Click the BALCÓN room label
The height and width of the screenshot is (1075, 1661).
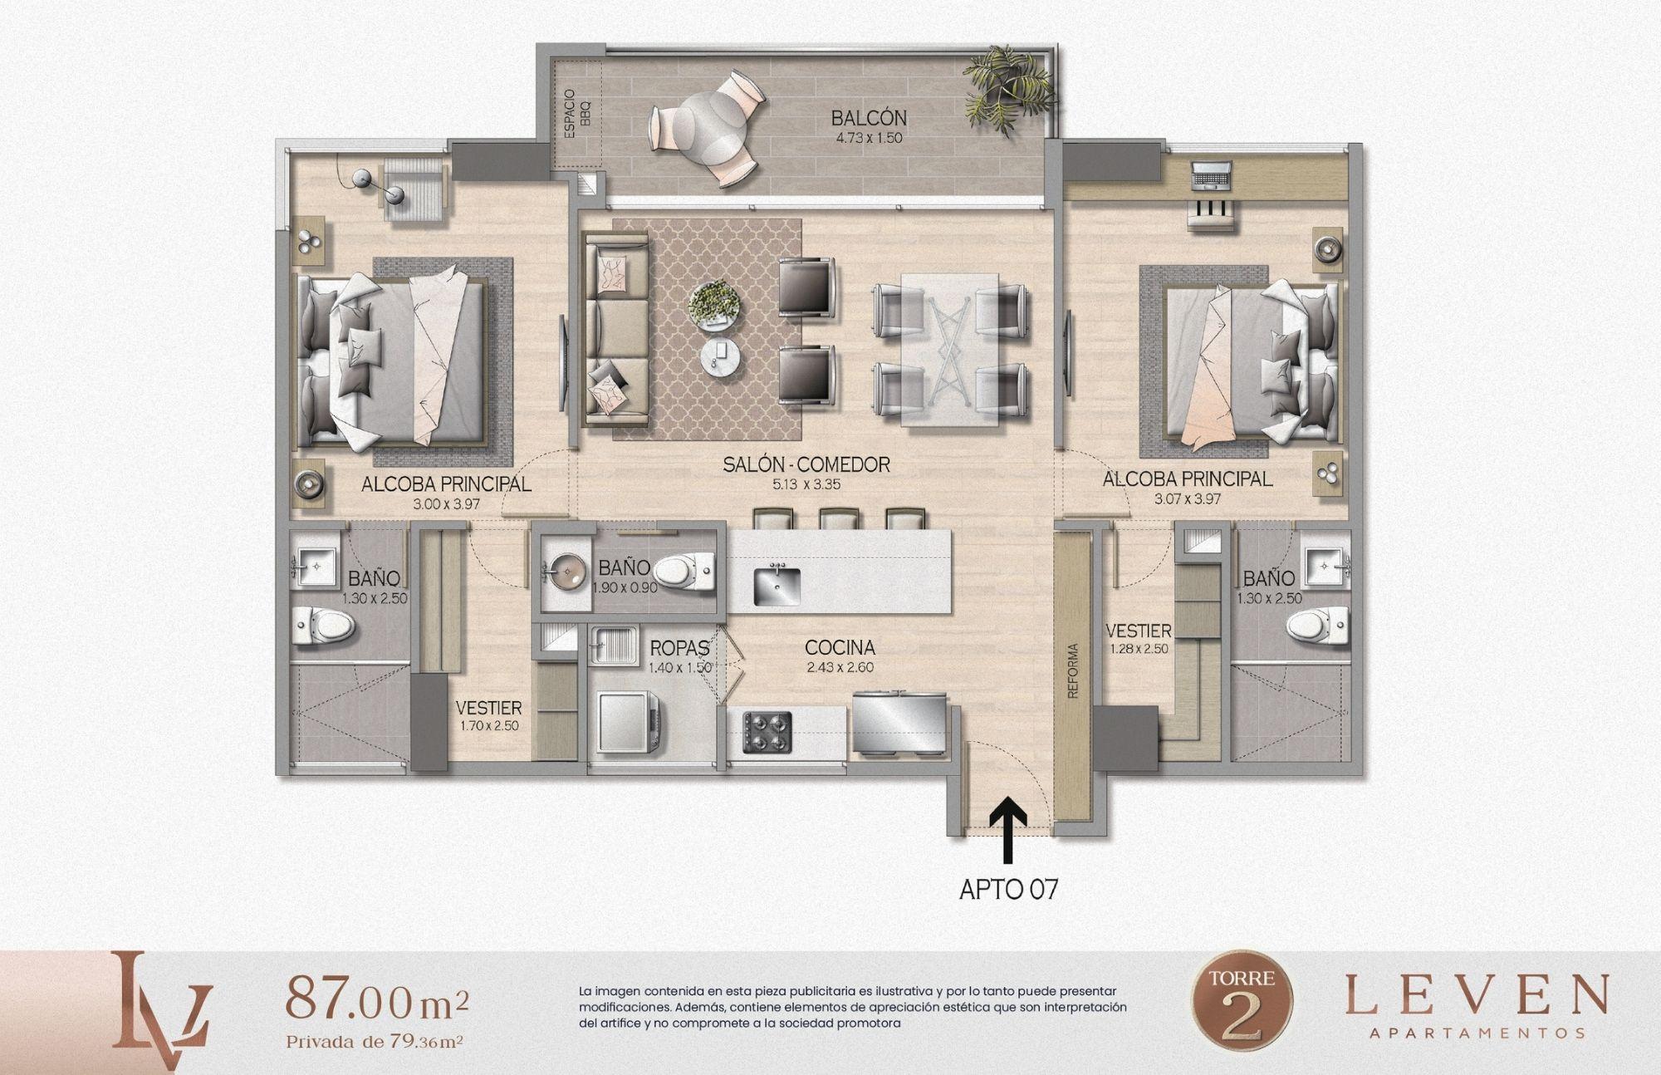pyautogui.click(x=869, y=119)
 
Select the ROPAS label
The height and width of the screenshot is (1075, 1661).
pyautogui.click(x=679, y=647)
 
